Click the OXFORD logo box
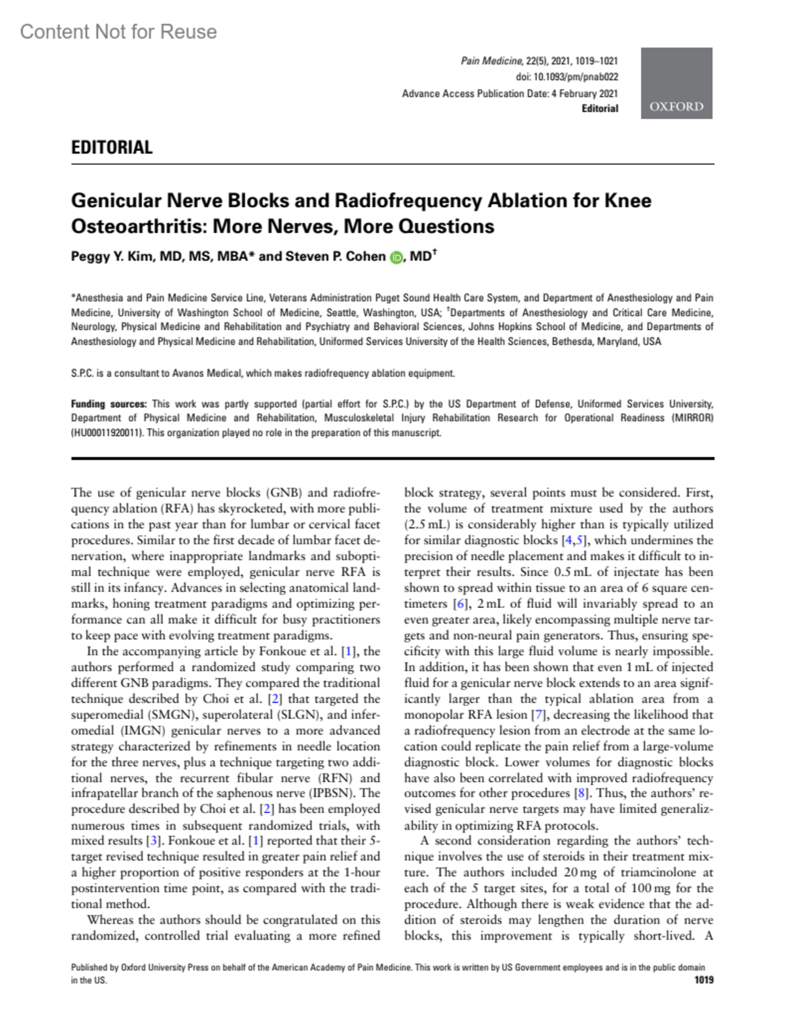[676, 83]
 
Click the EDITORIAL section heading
[112, 148]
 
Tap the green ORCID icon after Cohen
[396, 258]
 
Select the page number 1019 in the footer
[704, 980]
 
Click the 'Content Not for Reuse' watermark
[118, 31]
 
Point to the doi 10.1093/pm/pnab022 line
[567, 77]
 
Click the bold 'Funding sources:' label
[109, 404]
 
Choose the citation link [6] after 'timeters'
[461, 603]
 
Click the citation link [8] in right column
[581, 793]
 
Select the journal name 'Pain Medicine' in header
[491, 61]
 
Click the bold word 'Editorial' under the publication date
[600, 108]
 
